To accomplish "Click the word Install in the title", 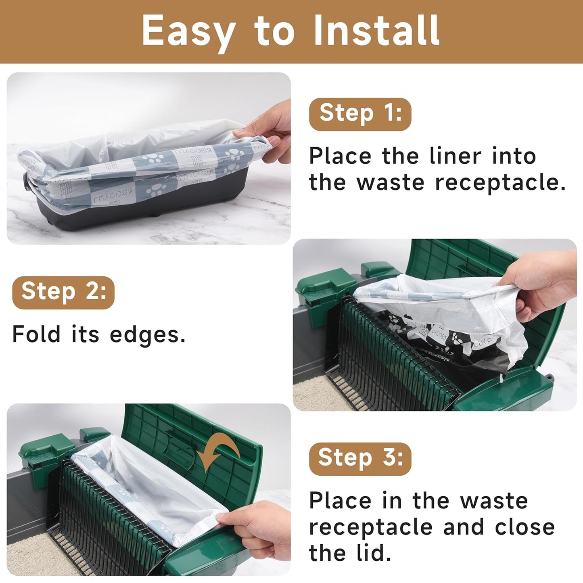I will pyautogui.click(x=376, y=31).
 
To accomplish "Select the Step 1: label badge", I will pyautogui.click(x=360, y=114).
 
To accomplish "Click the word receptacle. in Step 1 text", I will pyautogui.click(x=500, y=183).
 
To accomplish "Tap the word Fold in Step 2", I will pyautogui.click(x=36, y=334).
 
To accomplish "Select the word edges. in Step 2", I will pyautogui.click(x=148, y=335).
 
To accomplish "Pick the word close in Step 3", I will pyautogui.click(x=524, y=527).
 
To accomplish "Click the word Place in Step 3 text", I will pyautogui.click(x=339, y=501).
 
